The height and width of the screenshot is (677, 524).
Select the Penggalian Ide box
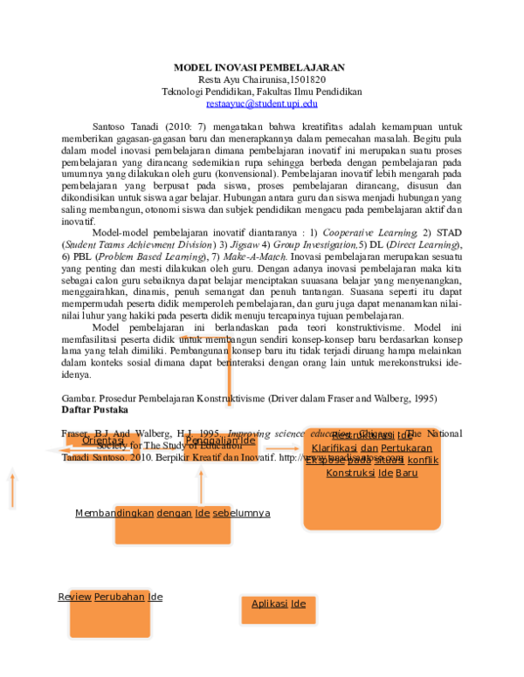[220, 447]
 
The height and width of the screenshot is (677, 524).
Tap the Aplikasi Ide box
[279, 609]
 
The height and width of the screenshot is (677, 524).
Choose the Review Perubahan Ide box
[109, 613]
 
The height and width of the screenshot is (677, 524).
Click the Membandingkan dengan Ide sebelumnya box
[171, 523]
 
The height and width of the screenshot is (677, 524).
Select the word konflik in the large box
[423, 460]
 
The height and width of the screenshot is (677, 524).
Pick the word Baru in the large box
[406, 473]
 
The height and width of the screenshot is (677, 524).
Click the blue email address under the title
[261, 103]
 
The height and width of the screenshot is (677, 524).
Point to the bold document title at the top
[261, 67]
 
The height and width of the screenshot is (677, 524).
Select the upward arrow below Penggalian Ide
[202, 484]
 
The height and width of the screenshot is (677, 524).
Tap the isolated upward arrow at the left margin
[12, 488]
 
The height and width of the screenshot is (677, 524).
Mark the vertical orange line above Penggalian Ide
[228, 384]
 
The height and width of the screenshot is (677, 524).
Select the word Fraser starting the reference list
[75, 433]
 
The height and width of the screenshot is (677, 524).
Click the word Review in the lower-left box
[75, 597]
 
